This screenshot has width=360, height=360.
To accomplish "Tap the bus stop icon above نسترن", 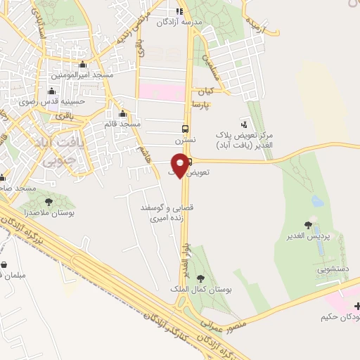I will click(185, 129).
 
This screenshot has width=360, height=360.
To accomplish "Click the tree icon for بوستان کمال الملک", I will click(202, 278).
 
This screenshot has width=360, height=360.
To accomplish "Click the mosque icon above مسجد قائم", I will click(123, 114).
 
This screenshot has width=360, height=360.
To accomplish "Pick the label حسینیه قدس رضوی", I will click(51, 101).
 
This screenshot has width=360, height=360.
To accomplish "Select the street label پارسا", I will click(204, 105).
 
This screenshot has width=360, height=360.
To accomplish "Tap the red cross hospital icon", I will click(357, 306).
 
